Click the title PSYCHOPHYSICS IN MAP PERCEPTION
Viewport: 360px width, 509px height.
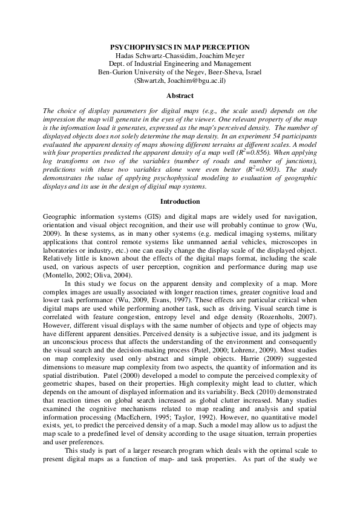180,47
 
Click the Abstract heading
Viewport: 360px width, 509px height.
180,96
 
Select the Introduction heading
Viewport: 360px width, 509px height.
180,200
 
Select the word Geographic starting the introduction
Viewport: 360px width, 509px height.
62,215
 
